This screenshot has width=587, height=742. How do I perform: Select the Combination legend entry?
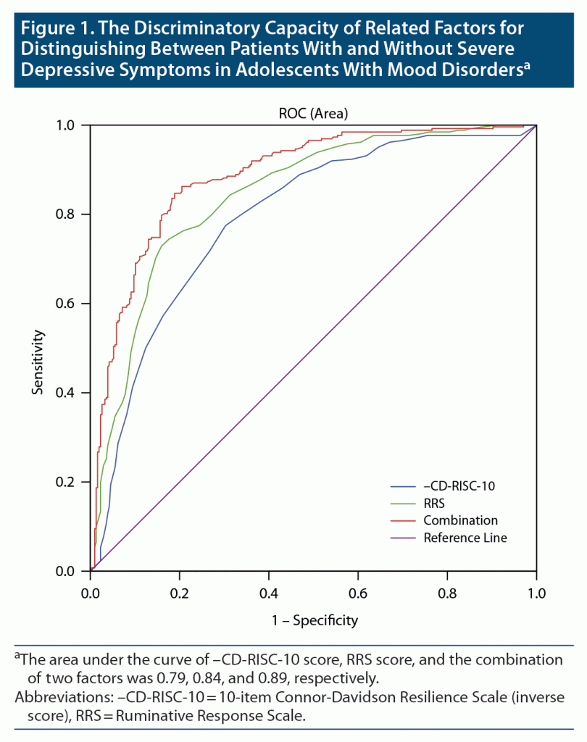460,520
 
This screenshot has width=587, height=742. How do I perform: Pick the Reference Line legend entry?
465,538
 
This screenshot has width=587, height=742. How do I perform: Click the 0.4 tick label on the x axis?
269,592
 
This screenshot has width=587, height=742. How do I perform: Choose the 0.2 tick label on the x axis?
180,592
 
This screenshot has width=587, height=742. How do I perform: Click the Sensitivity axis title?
38,362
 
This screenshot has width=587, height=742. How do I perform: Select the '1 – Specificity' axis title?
313,621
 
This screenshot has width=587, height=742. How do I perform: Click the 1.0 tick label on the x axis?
536,592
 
